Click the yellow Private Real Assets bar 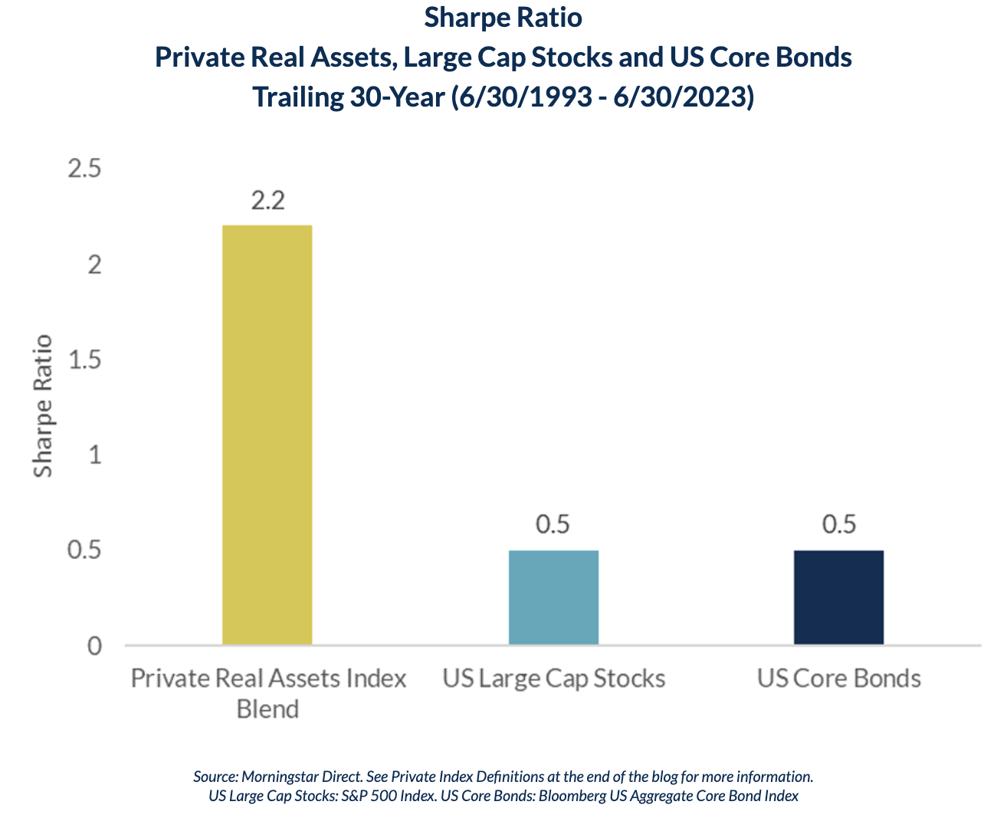pyautogui.click(x=267, y=434)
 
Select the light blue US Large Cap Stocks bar pyautogui.click(x=553, y=596)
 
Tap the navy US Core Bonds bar pyautogui.click(x=838, y=596)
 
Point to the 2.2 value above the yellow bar pyautogui.click(x=267, y=200)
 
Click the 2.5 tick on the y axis pyautogui.click(x=85, y=169)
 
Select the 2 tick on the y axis pyautogui.click(x=95, y=264)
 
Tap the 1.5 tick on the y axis pyautogui.click(x=85, y=360)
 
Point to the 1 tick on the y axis pyautogui.click(x=95, y=455)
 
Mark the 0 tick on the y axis pyautogui.click(x=94, y=646)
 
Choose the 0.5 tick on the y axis pyautogui.click(x=85, y=550)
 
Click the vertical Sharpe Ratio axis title pyautogui.click(x=44, y=406)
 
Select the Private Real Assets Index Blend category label pyautogui.click(x=267, y=693)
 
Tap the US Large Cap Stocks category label pyautogui.click(x=553, y=678)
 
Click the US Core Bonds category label pyautogui.click(x=838, y=678)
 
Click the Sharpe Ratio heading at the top pyautogui.click(x=503, y=18)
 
